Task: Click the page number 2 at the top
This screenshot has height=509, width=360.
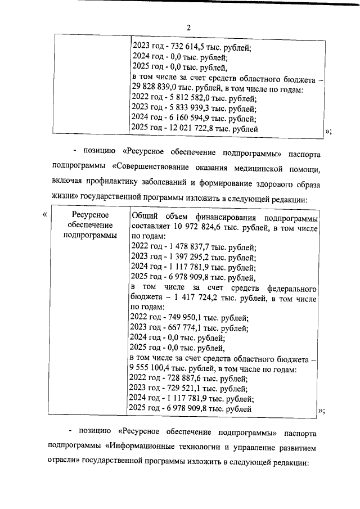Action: tap(189, 28)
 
